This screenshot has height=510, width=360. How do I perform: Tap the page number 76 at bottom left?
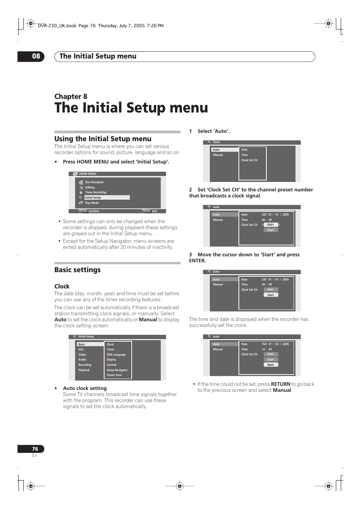pyautogui.click(x=35, y=449)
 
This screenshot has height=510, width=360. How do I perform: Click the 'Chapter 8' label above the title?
pyautogui.click(x=71, y=96)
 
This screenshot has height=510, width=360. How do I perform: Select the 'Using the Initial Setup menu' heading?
pyautogui.click(x=103, y=139)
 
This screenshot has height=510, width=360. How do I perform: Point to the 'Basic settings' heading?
pyautogui.click(x=77, y=270)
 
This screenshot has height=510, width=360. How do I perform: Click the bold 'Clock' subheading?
pyautogui.click(x=62, y=286)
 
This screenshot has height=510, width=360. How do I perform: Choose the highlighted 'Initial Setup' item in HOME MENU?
pyautogui.click(x=93, y=197)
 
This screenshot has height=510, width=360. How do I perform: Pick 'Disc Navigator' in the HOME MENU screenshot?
pyautogui.click(x=94, y=182)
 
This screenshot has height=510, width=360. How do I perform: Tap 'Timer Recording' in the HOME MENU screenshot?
pyautogui.click(x=95, y=192)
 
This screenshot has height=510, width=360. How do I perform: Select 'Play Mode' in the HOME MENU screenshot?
pyautogui.click(x=92, y=203)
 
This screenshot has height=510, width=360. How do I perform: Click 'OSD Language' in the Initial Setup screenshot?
pyautogui.click(x=116, y=354)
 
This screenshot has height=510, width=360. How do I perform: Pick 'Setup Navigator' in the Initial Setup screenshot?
pyautogui.click(x=117, y=370)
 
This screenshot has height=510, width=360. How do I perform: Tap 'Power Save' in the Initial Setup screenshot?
pyautogui.click(x=114, y=375)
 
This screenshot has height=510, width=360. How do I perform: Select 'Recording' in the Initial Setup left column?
pyautogui.click(x=85, y=365)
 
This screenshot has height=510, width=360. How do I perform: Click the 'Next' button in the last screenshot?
pyautogui.click(x=271, y=365)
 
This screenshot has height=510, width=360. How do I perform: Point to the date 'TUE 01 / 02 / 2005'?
pyautogui.click(x=275, y=344)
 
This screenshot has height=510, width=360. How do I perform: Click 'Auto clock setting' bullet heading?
pyautogui.click(x=85, y=388)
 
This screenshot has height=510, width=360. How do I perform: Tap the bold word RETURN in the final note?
pyautogui.click(x=280, y=384)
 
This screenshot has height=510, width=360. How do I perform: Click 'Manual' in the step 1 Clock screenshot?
pyautogui.click(x=218, y=155)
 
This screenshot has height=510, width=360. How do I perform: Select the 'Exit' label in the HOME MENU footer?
pyautogui.click(x=154, y=211)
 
